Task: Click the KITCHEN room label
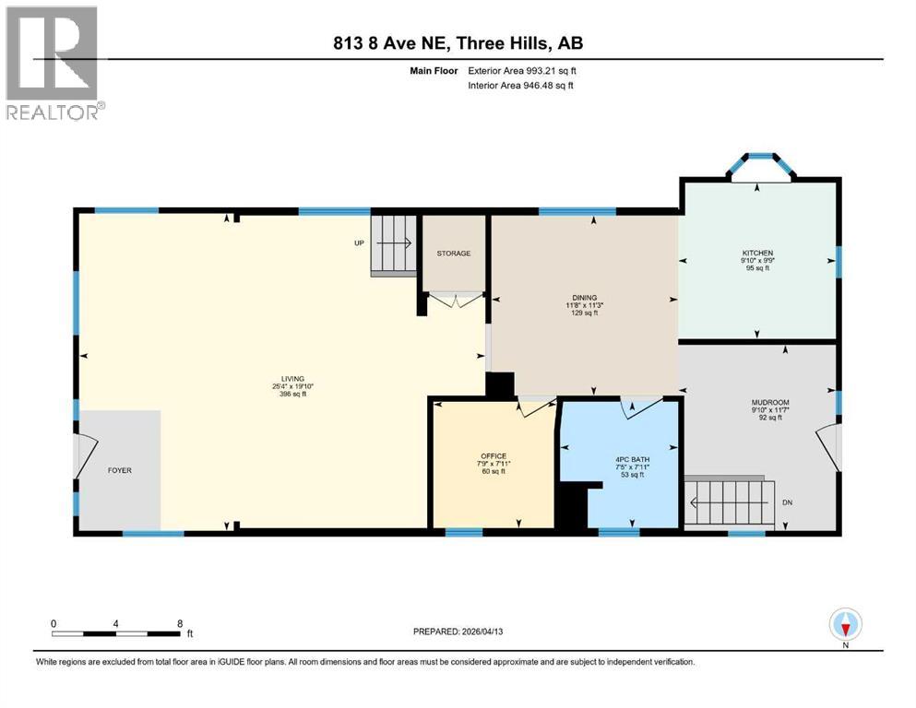(757, 253)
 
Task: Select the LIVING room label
(292, 378)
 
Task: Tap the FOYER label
(119, 470)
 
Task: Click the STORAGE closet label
(454, 254)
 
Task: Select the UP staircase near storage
(393, 244)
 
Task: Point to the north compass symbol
(845, 625)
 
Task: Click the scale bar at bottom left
(116, 633)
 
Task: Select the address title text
(458, 42)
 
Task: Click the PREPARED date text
(458, 631)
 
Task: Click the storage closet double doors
(455, 299)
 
